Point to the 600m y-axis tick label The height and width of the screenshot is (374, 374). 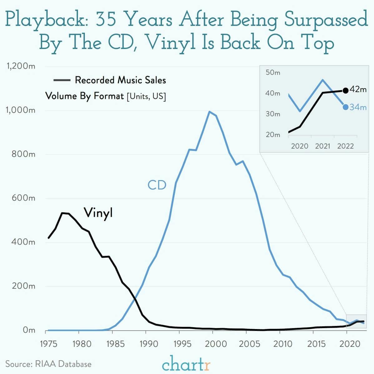click(x=23, y=198)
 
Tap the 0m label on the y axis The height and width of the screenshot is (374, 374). click(x=29, y=330)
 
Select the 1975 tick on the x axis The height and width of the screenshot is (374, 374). click(x=49, y=344)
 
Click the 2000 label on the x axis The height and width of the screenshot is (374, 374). click(x=213, y=344)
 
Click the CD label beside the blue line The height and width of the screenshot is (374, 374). click(x=157, y=185)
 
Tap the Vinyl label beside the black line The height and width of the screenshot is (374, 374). click(x=98, y=213)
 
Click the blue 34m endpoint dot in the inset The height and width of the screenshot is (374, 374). click(x=345, y=107)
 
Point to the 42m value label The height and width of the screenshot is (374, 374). click(x=358, y=90)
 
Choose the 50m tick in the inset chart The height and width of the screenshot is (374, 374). click(x=273, y=73)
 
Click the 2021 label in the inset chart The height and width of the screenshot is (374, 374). click(x=322, y=146)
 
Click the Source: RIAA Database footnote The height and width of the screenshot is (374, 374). click(x=48, y=364)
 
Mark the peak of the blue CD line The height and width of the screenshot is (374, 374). click(x=209, y=111)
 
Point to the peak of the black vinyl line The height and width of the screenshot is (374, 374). click(x=62, y=213)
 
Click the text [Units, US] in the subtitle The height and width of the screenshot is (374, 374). click(x=146, y=96)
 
